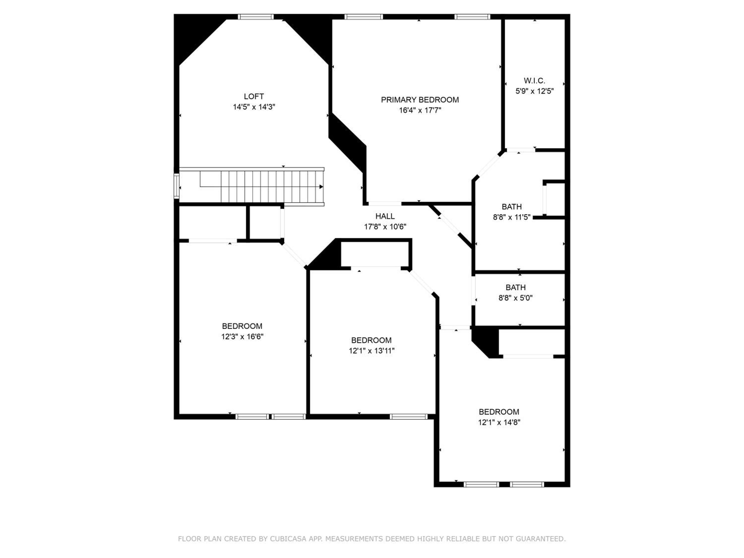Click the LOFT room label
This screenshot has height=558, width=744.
pos(254,96)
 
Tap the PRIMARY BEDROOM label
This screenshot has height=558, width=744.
pos(420,100)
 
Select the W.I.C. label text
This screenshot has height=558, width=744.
pos(534,81)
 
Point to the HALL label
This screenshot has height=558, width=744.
pos(385,216)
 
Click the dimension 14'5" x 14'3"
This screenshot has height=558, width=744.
pos(254,107)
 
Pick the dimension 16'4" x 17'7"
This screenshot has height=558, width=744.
pos(420,110)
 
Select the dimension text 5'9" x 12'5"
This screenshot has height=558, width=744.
pos(534,91)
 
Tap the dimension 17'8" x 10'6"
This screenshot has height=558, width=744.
pos(385,227)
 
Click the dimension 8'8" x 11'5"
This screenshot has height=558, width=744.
pos(512,217)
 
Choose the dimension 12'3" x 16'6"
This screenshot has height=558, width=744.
pos(242,337)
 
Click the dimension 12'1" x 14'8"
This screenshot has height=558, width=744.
pos(499,422)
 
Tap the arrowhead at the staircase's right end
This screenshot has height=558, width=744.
pos(321,187)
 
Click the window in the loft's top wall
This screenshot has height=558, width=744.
pos(256,17)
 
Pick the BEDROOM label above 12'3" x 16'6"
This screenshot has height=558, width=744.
pos(242,326)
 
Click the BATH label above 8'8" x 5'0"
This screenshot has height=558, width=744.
pos(515,288)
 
